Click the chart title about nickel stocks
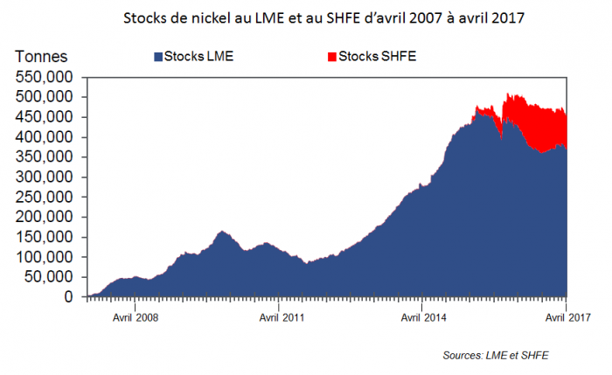coord(304,17)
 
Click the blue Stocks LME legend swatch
coord(157,57)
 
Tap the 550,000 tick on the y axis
coord(45,77)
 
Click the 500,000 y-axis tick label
coord(45,97)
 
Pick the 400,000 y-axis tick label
coord(45,137)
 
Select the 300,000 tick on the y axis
coord(45,177)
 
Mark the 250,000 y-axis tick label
coord(45,198)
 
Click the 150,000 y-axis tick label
coord(45,237)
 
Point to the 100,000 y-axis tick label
coord(45,257)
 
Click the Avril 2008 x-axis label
coord(134,318)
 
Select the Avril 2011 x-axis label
coord(278,318)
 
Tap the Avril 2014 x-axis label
coord(422,318)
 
